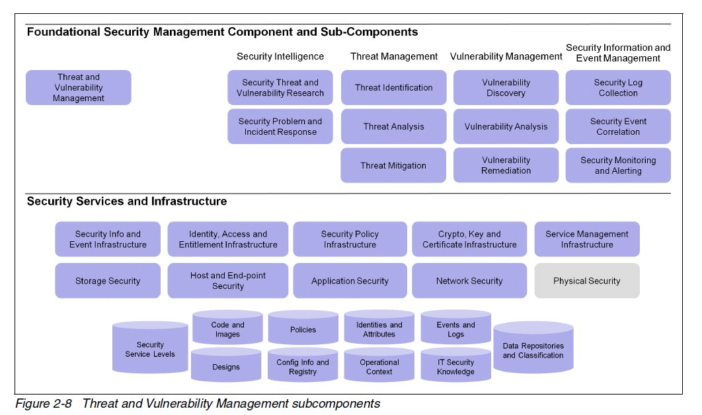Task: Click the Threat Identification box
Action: [x=393, y=88]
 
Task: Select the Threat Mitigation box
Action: [x=393, y=166]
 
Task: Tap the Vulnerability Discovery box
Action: [x=506, y=88]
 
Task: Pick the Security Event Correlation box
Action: [x=618, y=127]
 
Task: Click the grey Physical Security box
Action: [x=586, y=281]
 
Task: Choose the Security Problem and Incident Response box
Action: [x=280, y=127]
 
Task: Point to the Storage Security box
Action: [x=108, y=281]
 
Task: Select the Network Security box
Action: [x=469, y=281]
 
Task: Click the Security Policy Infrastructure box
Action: [x=350, y=239]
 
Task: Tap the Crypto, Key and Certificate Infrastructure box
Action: [x=469, y=239]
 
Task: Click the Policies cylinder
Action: [x=303, y=330]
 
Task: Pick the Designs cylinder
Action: [x=226, y=367]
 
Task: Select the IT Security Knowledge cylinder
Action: [x=455, y=367]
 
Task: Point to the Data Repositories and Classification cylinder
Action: [x=533, y=351]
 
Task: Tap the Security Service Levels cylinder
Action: [x=150, y=350]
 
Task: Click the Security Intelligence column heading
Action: [x=280, y=57]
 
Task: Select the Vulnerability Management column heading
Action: [x=506, y=57]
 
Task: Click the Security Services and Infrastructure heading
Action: [x=127, y=202]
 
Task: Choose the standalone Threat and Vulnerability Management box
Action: [x=79, y=88]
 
